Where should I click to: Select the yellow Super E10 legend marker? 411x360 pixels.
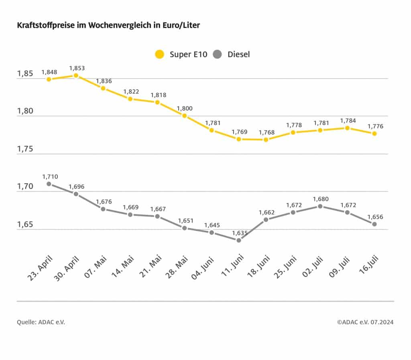[160, 54]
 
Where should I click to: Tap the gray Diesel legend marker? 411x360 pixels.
[218, 54]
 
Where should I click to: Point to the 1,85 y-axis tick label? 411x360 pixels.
[25, 74]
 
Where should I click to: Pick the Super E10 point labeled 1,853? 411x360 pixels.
[76, 75]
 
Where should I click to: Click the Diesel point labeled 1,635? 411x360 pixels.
[238, 240]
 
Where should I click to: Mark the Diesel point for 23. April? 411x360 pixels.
[49, 184]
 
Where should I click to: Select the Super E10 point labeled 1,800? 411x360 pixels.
[184, 115]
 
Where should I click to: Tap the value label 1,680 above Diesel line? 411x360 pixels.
[320, 199]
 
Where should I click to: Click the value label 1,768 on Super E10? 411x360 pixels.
[266, 132]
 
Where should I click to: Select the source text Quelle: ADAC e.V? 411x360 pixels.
[41, 322]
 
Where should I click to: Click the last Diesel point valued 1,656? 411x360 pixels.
[374, 224]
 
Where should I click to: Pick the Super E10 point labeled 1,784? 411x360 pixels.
[347, 128]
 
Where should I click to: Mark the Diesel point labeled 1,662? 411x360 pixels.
[266, 219]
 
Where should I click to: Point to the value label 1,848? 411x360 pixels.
[49, 72]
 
